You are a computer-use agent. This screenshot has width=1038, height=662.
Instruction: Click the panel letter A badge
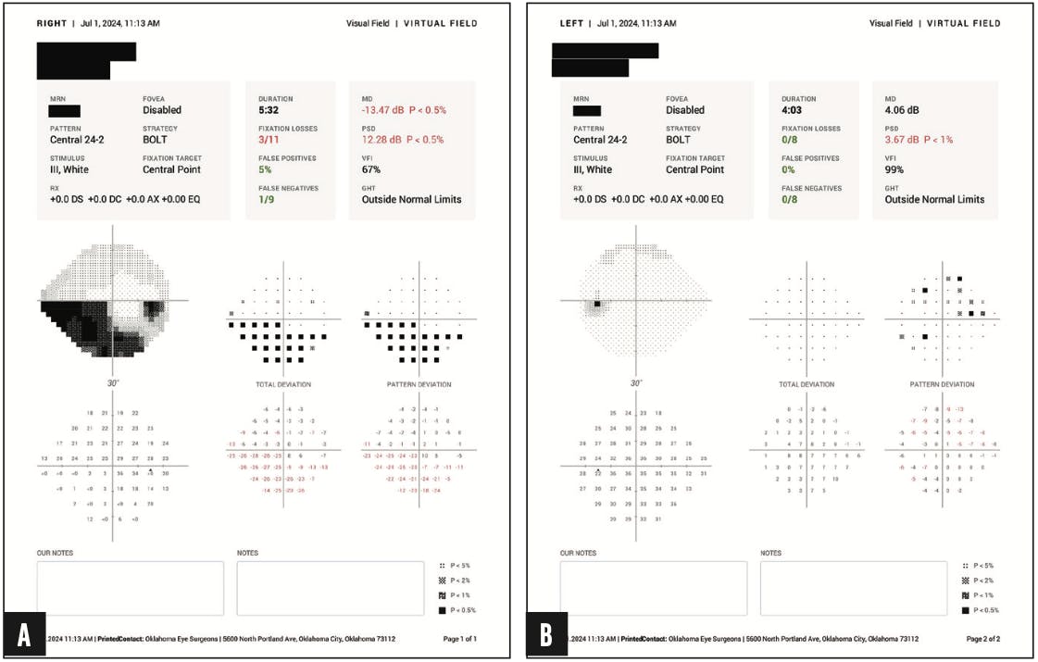coord(25,637)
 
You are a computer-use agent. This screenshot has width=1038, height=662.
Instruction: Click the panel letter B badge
coord(548,637)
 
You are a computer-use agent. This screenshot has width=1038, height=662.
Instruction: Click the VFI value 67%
coord(371,169)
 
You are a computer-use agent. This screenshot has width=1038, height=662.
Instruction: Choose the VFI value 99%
coord(894,169)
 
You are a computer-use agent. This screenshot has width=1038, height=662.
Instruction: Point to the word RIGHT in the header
coord(52,22)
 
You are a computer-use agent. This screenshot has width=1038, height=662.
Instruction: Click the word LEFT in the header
coord(572,22)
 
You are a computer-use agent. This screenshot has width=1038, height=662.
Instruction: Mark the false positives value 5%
coord(267,169)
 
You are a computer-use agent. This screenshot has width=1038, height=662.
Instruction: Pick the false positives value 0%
coord(790,169)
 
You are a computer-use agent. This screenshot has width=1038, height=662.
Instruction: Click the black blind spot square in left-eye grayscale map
coord(597,304)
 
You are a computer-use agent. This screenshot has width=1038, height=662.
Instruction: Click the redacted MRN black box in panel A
coord(65,111)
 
